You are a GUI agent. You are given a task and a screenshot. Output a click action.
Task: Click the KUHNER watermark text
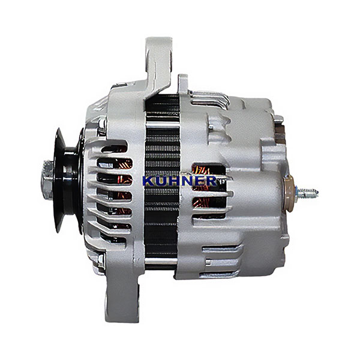[x=180, y=181]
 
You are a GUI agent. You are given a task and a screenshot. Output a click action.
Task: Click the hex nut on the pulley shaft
[x=48, y=180]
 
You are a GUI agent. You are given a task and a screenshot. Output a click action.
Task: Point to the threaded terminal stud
[x=307, y=193]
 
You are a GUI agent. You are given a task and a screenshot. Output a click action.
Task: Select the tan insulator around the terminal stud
[x=289, y=193]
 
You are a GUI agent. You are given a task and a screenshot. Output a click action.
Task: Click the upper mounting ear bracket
[x=158, y=67]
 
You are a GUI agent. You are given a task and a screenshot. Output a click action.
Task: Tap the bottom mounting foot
[x=122, y=298]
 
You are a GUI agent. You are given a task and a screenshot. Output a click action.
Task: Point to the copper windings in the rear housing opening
[x=202, y=189]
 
